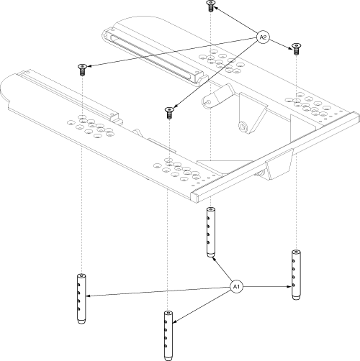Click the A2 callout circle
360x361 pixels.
[x=263, y=37]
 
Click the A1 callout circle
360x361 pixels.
[x=236, y=286]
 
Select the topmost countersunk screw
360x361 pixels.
[x=210, y=6]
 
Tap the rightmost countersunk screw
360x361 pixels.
[x=297, y=49]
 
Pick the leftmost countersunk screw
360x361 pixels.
[x=82, y=70]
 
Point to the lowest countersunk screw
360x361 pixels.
[x=169, y=113]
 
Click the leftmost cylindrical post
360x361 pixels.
[x=81, y=298]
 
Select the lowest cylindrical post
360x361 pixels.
[x=168, y=336]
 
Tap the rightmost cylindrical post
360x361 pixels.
[x=296, y=275]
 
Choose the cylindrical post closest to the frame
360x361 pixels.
[x=211, y=232]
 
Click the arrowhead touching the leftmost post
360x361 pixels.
[x=89, y=296]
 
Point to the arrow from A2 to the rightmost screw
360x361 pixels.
[x=281, y=44]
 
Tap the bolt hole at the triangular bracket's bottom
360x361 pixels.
[x=243, y=127]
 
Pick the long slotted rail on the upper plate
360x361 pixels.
[x=153, y=56]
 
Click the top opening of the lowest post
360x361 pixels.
[x=168, y=313]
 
